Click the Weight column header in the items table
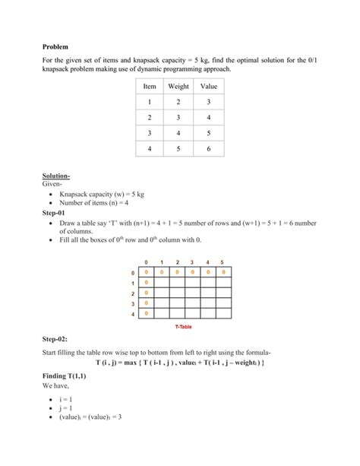tap(178, 87)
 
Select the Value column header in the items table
tap(208, 87)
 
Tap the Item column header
tap(150, 87)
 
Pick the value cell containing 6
tap(208, 149)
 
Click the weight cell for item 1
tap(178, 102)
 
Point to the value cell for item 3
tap(208, 133)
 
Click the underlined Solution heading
tap(57, 176)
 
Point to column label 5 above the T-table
tap(222, 263)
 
